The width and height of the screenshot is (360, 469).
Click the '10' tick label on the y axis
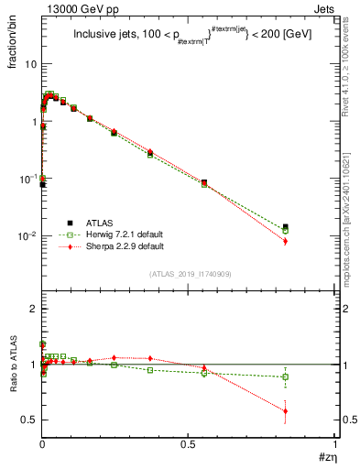[x=30, y=64]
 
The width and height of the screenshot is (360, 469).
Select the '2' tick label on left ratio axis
[x=33, y=310]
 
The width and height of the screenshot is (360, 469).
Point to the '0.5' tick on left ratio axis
[x=29, y=420]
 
